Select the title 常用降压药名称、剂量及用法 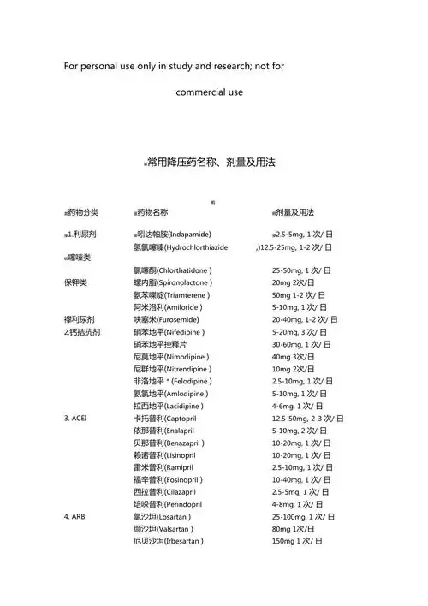coord(210,162)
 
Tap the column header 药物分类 coord(83,212)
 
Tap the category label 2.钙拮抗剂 coord(82,331)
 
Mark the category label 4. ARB coord(74,517)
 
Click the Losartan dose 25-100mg coord(289,517)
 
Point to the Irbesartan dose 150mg coord(284,542)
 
